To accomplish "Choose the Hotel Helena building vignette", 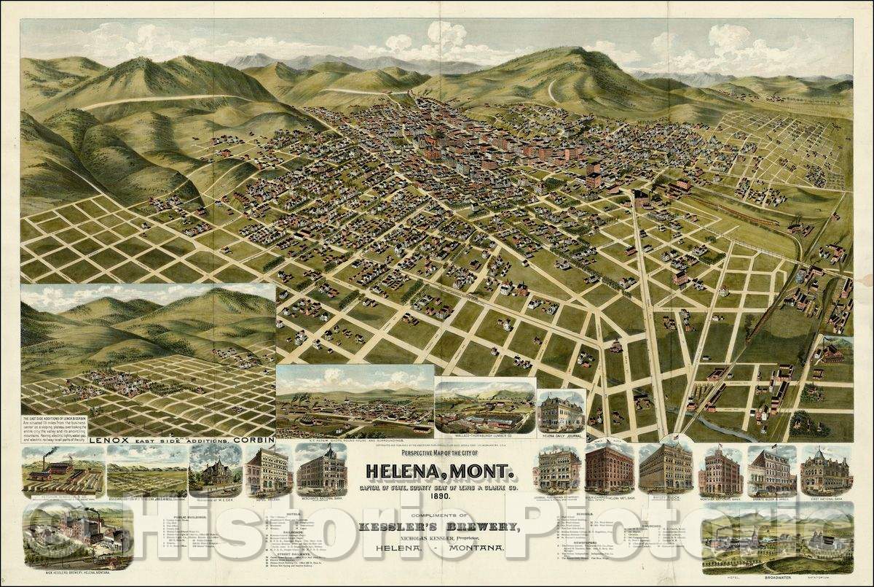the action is point(267,473).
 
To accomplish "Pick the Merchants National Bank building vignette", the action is point(320,470).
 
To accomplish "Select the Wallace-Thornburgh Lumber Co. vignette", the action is point(484,410).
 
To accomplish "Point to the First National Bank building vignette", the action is point(826,473).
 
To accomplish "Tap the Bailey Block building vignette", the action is point(665,468).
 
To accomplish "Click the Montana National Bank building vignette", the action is point(719,473).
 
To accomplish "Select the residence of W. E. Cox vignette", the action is point(214,473).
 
